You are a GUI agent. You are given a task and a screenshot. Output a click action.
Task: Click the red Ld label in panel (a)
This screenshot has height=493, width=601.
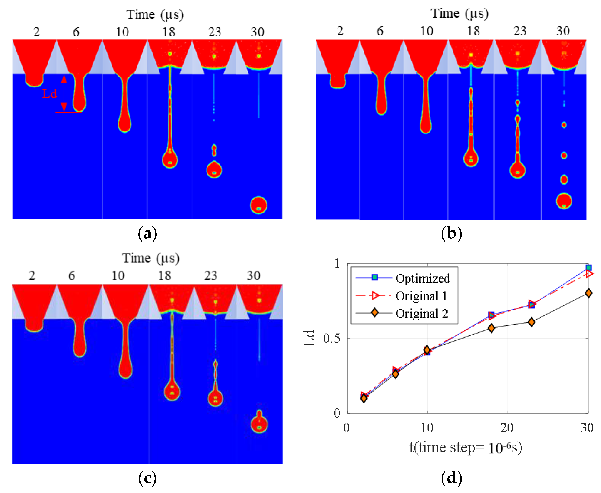49,93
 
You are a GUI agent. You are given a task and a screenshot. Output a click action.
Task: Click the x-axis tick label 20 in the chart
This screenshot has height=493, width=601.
507,428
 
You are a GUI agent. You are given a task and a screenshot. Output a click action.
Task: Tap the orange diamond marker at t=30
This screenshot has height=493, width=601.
588,293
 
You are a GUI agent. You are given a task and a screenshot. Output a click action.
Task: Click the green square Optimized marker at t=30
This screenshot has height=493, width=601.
588,268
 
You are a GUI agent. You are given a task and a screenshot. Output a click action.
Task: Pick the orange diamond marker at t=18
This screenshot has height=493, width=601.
491,328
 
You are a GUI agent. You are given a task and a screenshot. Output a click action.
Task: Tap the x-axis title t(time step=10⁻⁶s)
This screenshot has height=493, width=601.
465,448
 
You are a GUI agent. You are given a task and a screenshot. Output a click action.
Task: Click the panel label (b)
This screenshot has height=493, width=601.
451,233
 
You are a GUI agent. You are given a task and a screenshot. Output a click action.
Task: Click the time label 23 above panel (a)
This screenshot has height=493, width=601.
214,32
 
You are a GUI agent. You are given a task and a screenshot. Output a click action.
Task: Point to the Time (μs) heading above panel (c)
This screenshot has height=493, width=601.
151,258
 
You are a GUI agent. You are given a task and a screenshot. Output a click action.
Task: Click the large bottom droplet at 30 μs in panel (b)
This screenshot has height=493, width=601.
564,201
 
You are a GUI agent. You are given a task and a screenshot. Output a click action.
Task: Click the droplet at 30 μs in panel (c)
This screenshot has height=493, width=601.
259,424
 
